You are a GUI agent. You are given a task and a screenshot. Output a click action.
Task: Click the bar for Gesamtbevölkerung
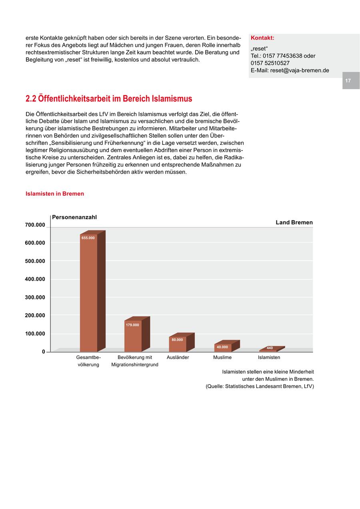point(88,294)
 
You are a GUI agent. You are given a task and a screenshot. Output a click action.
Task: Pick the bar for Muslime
point(222,349)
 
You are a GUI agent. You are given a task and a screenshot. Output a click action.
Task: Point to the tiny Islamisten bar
point(268,351)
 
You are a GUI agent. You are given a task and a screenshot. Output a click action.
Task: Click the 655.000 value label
point(88,238)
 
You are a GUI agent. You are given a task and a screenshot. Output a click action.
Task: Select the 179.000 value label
point(132,325)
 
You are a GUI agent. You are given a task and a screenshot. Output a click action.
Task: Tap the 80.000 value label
point(177,340)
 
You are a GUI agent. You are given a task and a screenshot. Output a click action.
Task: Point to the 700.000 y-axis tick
point(35,225)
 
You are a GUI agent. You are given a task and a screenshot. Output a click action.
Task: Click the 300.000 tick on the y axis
point(35,297)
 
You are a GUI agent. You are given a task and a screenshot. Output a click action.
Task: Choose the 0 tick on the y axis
point(43,352)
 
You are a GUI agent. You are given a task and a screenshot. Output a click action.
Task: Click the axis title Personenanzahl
point(74,217)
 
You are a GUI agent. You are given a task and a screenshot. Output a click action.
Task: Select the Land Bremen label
point(294,222)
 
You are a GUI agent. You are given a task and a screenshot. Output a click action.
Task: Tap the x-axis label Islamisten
point(269,357)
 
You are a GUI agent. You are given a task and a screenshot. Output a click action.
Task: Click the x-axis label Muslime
point(222,357)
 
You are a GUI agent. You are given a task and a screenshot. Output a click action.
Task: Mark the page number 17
point(348,80)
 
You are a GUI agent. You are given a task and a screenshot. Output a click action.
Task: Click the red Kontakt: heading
point(262,38)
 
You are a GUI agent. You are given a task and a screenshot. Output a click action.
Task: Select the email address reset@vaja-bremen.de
point(300,70)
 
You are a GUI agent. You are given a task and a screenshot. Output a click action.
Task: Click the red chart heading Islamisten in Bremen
point(55,194)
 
